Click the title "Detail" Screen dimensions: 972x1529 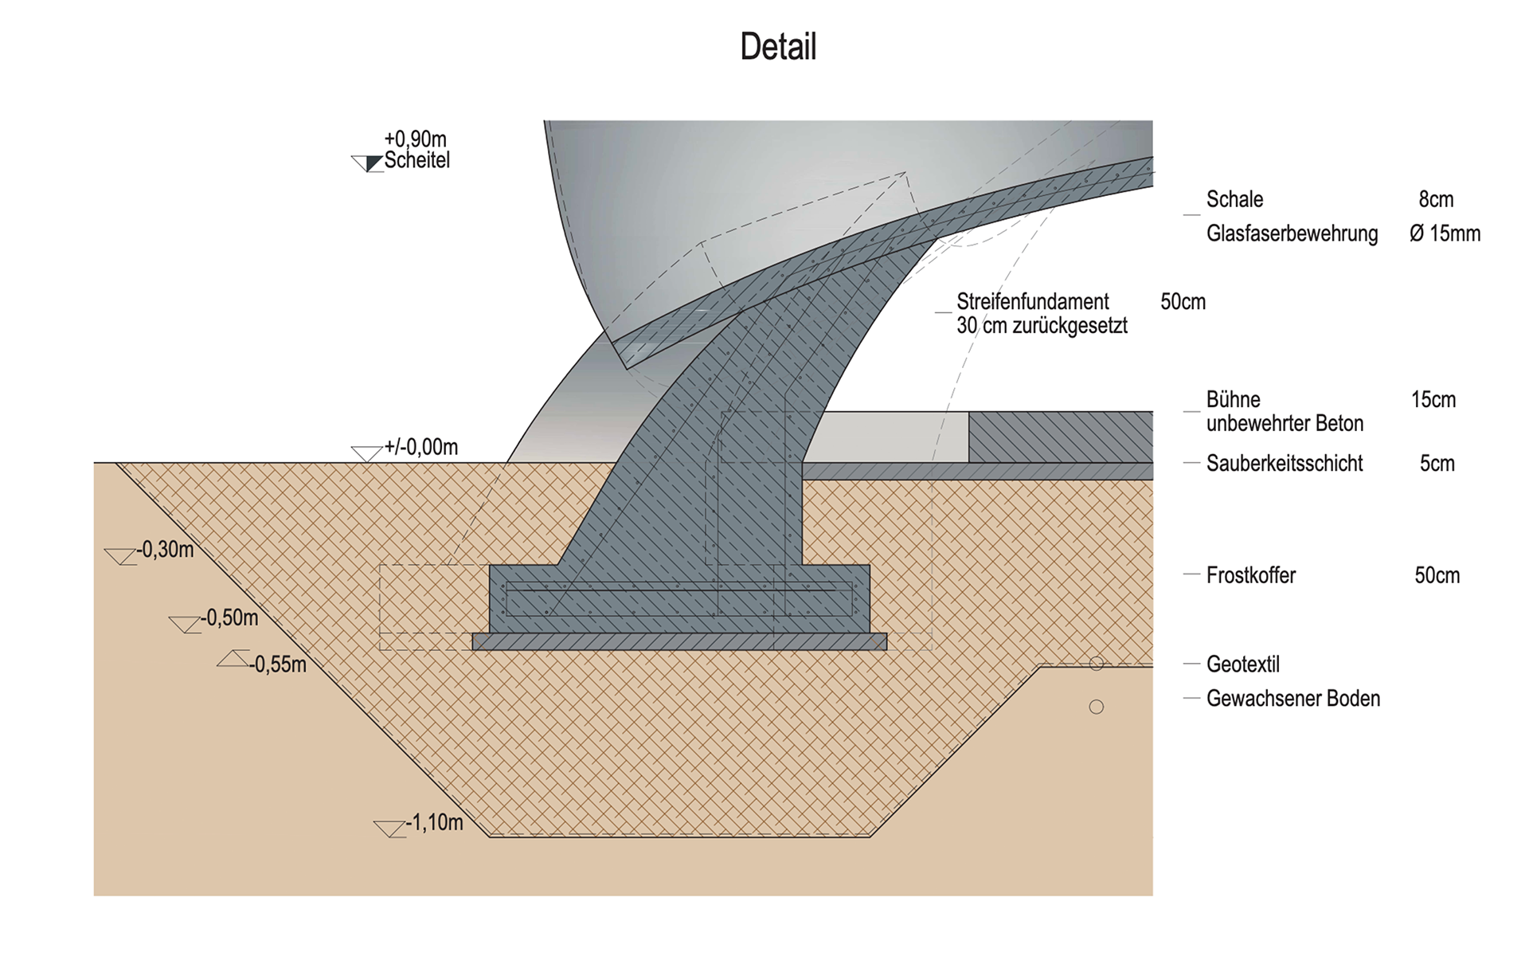click(x=778, y=47)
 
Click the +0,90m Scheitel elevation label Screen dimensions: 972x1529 click(x=416, y=151)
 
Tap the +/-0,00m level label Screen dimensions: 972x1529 click(x=420, y=448)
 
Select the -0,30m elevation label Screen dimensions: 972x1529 click(x=165, y=550)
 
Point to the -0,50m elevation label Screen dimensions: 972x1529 click(x=229, y=618)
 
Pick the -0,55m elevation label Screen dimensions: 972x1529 click(x=277, y=664)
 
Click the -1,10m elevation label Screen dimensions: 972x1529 click(x=434, y=823)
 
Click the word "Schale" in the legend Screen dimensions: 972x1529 click(x=1234, y=199)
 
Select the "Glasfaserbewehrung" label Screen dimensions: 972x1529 click(x=1292, y=233)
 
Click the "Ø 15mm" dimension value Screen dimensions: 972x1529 click(x=1445, y=233)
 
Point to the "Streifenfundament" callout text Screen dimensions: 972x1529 click(x=1033, y=302)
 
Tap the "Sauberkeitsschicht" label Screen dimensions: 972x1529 click(x=1285, y=464)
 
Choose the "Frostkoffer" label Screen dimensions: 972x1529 click(x=1251, y=575)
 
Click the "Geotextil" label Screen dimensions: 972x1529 click(x=1243, y=664)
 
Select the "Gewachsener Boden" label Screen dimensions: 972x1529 click(x=1293, y=699)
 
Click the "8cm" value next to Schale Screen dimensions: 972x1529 click(x=1436, y=199)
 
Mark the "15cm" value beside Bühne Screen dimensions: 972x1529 click(x=1433, y=399)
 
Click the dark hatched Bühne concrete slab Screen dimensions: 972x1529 click(x=1060, y=437)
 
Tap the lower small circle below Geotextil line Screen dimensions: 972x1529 click(x=1097, y=707)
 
